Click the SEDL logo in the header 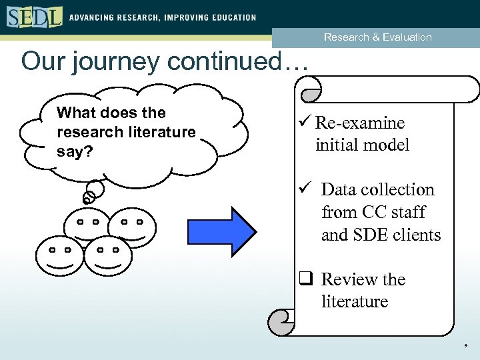[x=35, y=17]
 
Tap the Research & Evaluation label [x=377, y=37]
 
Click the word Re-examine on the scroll [x=360, y=123]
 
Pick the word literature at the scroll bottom [x=355, y=301]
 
